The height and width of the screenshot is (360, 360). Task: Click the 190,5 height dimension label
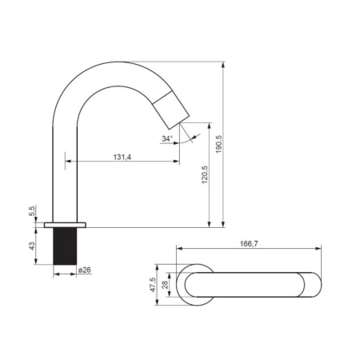tap(219, 144)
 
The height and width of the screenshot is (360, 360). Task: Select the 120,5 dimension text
tap(205, 174)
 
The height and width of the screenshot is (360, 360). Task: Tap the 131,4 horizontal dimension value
tap(122, 157)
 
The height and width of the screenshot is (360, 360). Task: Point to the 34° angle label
tap(167, 138)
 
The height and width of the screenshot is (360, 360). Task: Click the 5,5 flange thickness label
tap(32, 211)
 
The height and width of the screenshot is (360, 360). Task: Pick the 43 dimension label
tap(32, 246)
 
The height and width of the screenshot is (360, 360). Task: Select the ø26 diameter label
tap(85, 270)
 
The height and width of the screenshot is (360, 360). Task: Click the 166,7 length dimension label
tap(249, 244)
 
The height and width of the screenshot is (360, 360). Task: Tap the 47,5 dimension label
tap(153, 285)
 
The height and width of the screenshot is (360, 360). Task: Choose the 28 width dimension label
tap(165, 285)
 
